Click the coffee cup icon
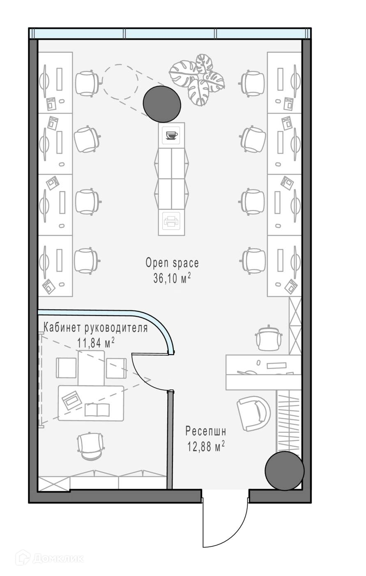click(172, 135)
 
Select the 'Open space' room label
click(172, 263)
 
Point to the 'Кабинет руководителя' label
click(95, 328)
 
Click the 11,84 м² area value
click(96, 343)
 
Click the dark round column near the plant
click(162, 104)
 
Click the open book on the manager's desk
click(97, 410)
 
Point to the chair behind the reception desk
click(269, 338)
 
